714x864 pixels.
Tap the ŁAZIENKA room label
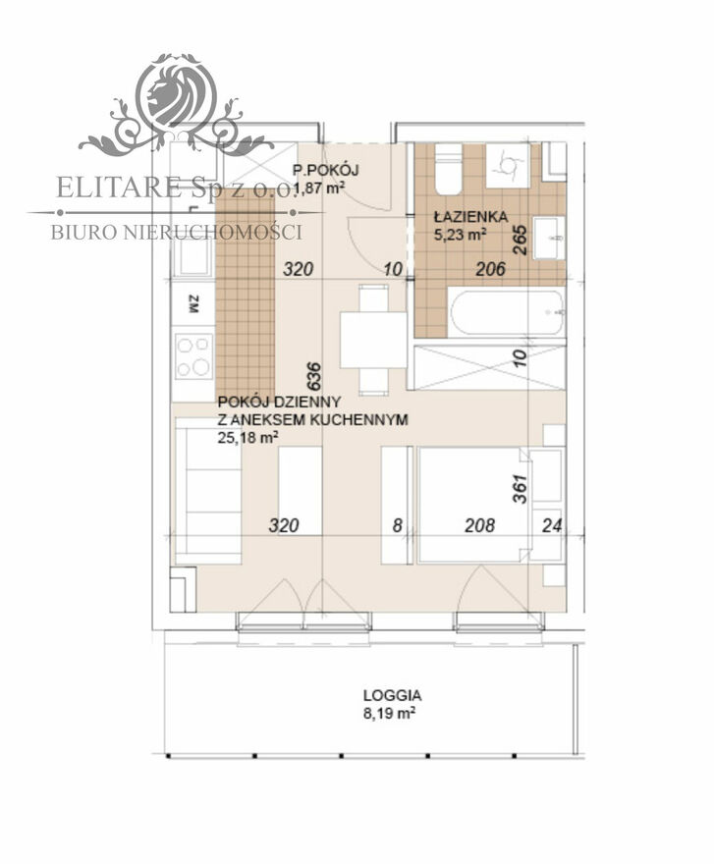(470, 217)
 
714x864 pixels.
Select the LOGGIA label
(392, 695)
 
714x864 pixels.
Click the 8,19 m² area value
(389, 714)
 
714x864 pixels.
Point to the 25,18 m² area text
(247, 438)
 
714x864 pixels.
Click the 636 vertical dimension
(312, 376)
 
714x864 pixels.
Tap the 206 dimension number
(490, 269)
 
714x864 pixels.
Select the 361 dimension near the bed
(520, 489)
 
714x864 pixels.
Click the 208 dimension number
(479, 525)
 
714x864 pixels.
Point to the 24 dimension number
(552, 525)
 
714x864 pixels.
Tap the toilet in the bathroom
(448, 168)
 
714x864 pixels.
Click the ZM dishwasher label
(193, 304)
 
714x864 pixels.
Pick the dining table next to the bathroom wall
(373, 340)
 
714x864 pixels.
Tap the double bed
(469, 505)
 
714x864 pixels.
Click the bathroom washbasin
(549, 238)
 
